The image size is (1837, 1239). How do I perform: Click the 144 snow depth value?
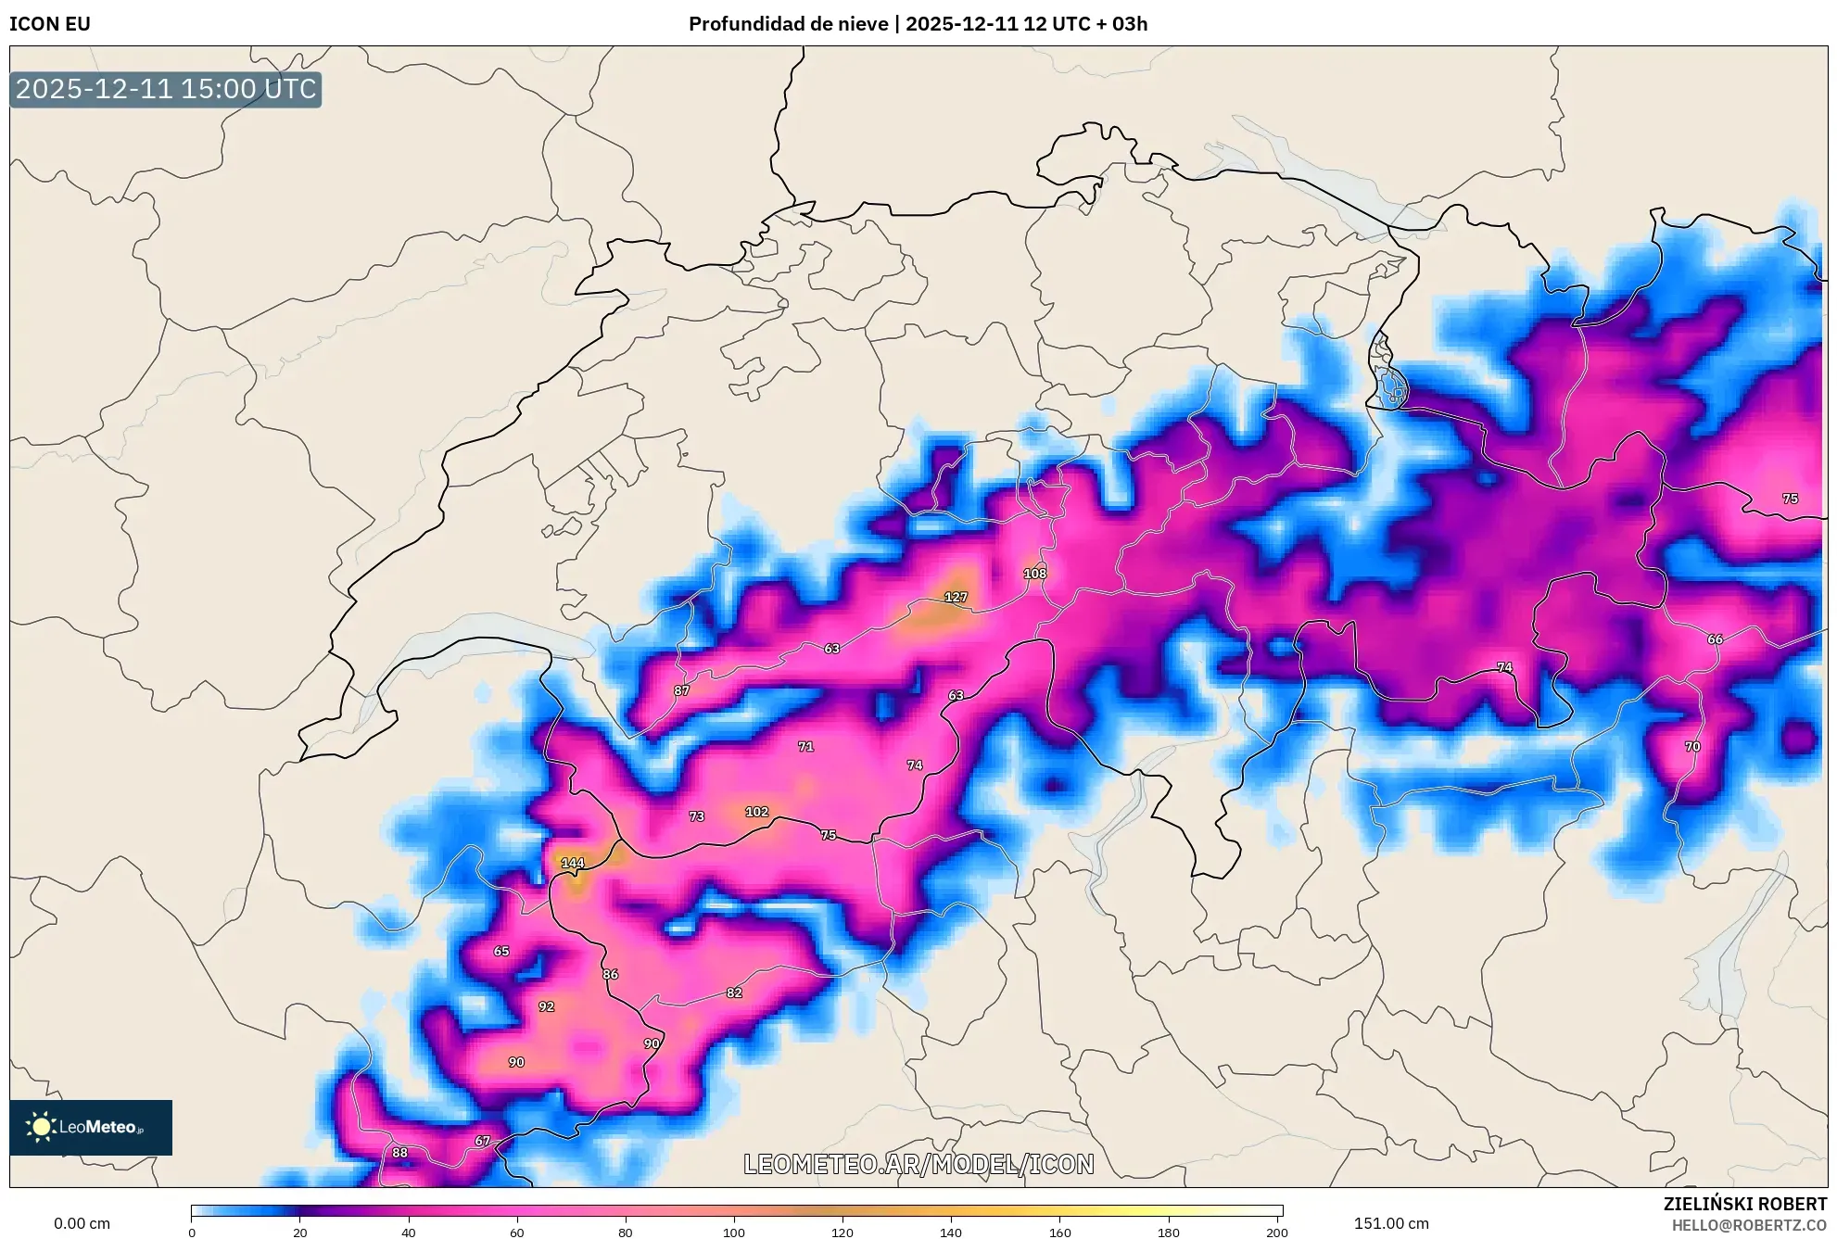click(x=573, y=863)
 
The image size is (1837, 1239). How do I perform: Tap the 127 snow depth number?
click(x=956, y=597)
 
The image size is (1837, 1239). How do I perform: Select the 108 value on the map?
click(x=1035, y=574)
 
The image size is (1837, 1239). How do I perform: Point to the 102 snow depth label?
click(x=757, y=812)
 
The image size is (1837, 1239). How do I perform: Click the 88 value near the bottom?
click(x=399, y=1153)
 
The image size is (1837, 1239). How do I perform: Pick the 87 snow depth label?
click(x=682, y=690)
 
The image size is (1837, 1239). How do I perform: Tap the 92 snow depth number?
click(x=547, y=1006)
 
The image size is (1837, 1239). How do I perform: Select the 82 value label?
click(x=734, y=992)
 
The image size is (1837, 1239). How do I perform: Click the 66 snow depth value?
click(x=1716, y=639)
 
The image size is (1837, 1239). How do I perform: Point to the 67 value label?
click(x=483, y=1141)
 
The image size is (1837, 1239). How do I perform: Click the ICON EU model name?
click(x=50, y=24)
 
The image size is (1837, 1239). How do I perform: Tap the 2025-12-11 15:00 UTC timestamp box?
click(x=166, y=90)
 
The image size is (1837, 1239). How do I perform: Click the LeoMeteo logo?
click(x=91, y=1127)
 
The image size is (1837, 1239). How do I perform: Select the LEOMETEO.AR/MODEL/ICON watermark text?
click(x=918, y=1164)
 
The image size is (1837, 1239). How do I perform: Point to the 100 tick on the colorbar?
click(x=734, y=1233)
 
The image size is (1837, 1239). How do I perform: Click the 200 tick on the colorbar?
click(x=1277, y=1233)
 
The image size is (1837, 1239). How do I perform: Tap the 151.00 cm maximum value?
click(x=1390, y=1223)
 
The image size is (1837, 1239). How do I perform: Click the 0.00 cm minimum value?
click(x=82, y=1223)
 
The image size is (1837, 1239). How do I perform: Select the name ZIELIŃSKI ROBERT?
click(x=1745, y=1204)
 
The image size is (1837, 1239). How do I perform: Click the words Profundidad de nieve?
click(x=788, y=24)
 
